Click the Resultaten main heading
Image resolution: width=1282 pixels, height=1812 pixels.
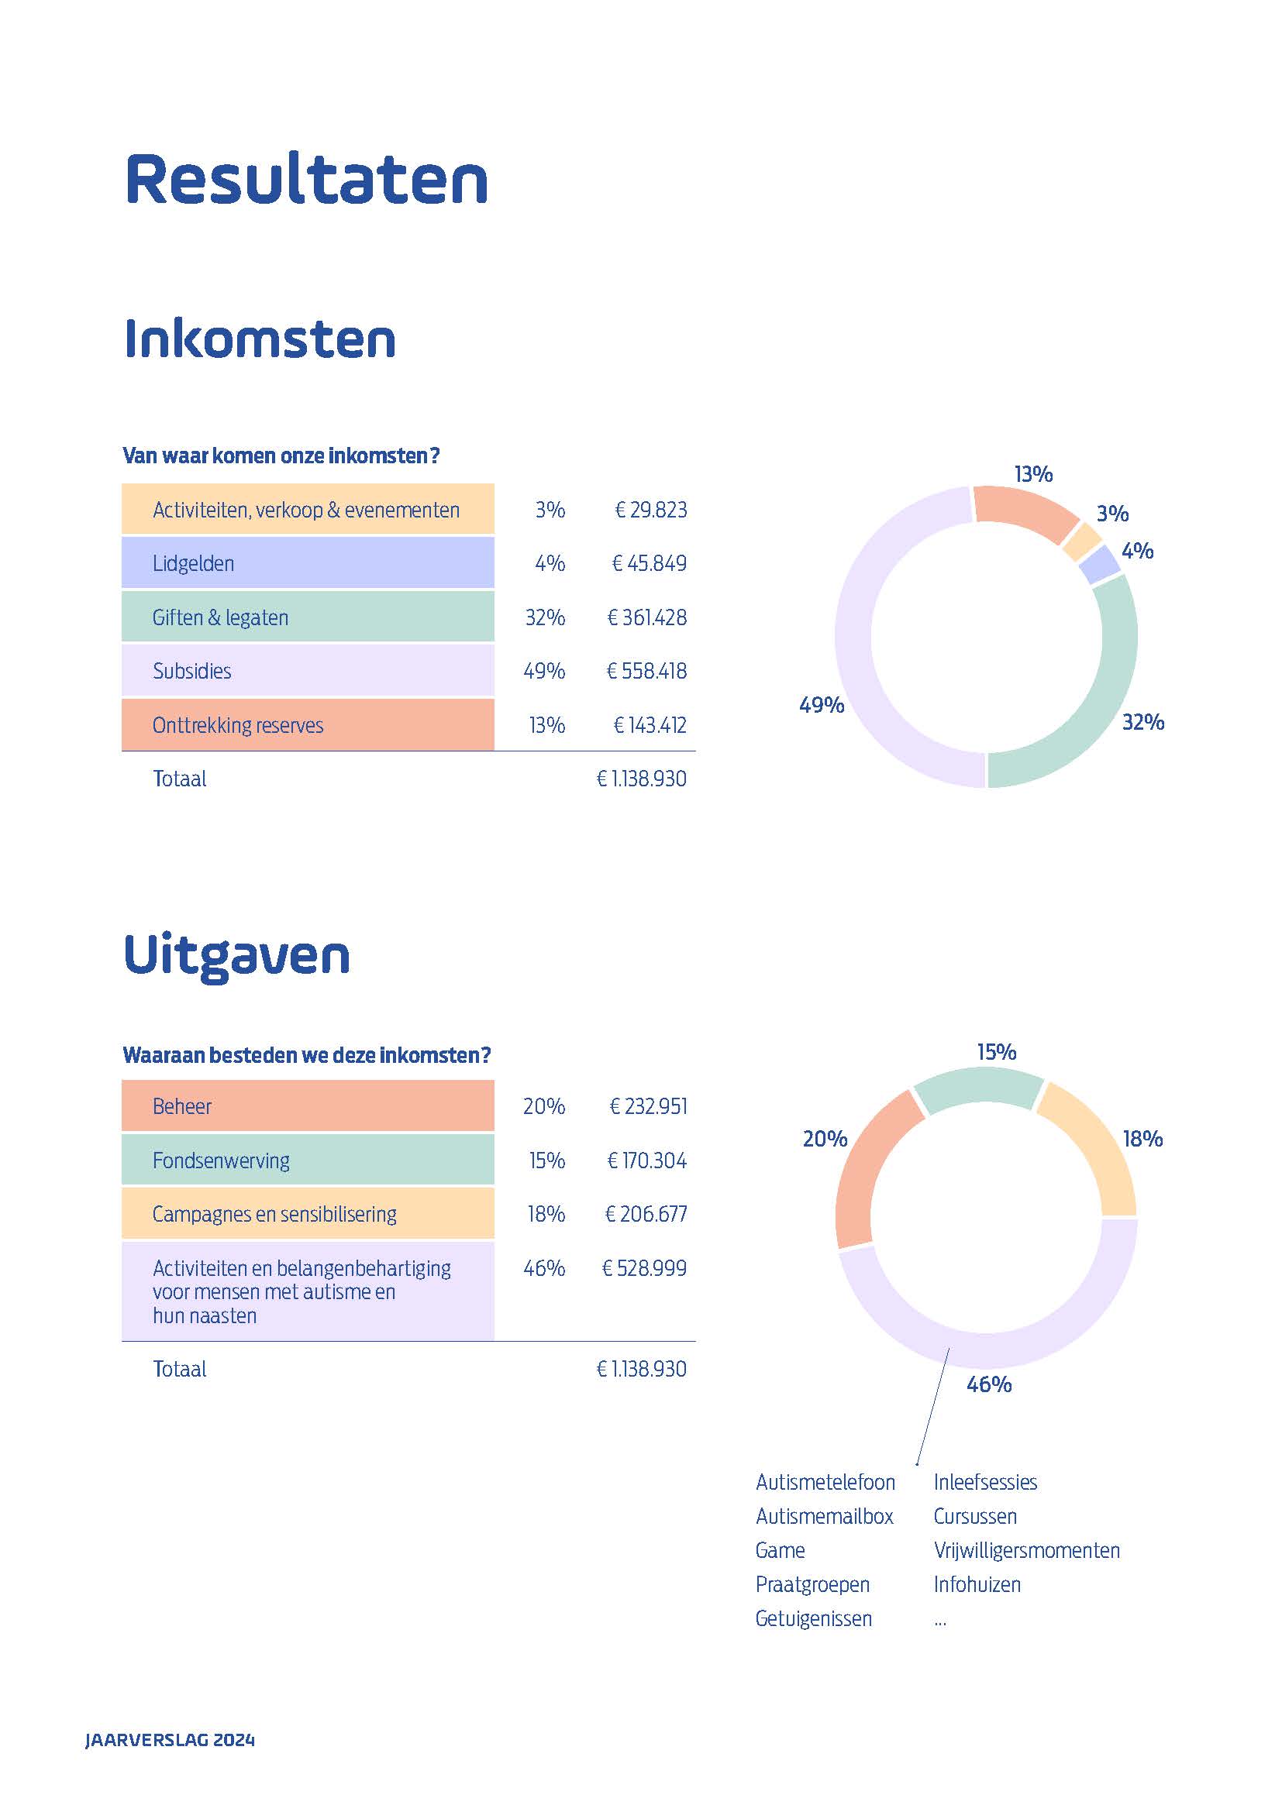tap(306, 180)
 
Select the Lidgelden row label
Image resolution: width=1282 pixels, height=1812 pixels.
tap(194, 563)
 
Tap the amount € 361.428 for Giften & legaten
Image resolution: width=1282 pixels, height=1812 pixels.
tap(646, 617)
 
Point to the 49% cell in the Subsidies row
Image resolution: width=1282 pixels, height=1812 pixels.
tap(544, 671)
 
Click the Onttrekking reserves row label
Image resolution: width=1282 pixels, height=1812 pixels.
tap(238, 725)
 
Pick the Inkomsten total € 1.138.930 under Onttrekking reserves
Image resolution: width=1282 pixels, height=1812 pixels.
tap(641, 779)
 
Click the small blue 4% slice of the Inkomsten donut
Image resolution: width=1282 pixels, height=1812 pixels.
tap(1101, 565)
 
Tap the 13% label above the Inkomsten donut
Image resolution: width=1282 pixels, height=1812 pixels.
tap(1033, 474)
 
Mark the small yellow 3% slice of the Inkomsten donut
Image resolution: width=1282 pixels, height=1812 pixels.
tap(1081, 542)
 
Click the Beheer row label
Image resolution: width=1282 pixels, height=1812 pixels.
tap(182, 1106)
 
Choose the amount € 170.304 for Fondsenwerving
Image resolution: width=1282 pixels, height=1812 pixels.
tap(646, 1160)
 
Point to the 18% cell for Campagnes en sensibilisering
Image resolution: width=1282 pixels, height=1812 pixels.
tap(546, 1214)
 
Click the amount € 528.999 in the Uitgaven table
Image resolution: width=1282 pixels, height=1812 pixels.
tap(644, 1268)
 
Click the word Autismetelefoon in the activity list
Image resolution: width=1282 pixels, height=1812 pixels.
tap(825, 1482)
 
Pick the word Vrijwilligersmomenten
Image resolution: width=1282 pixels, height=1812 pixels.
tap(1026, 1550)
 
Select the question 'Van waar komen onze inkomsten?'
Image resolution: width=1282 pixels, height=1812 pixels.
tap(281, 456)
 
